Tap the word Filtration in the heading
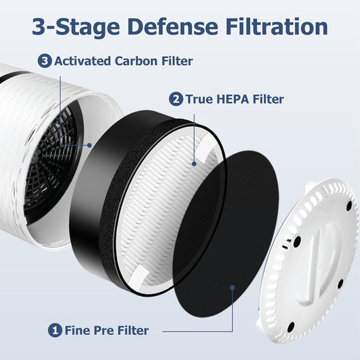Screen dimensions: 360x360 pyautogui.click(x=274, y=27)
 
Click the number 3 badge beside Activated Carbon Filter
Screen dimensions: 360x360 pyautogui.click(x=45, y=61)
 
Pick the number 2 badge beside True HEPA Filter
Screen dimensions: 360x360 pyautogui.click(x=176, y=99)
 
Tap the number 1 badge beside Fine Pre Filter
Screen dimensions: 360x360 pyautogui.click(x=55, y=330)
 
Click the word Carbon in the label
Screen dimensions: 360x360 pyautogui.click(x=137, y=61)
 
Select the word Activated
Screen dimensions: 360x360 pyautogui.click(x=82, y=61)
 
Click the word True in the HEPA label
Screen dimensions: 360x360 pyautogui.click(x=199, y=99)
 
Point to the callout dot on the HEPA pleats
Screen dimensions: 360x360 pyautogui.click(x=195, y=163)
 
